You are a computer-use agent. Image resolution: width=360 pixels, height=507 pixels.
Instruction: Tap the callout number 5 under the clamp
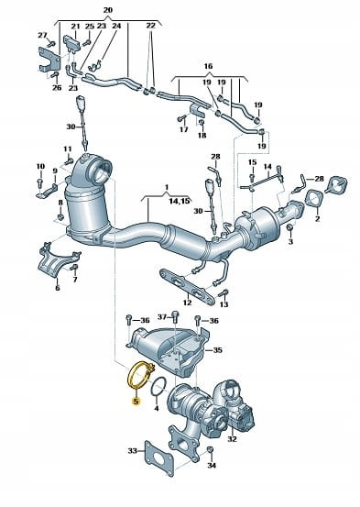coord(136,402)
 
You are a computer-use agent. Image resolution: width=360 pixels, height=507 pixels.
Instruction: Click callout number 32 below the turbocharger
coord(232,439)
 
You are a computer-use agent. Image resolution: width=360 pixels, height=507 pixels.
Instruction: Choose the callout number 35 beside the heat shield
coord(218,350)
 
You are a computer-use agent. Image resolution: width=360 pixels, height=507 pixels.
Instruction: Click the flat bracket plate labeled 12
coord(187,284)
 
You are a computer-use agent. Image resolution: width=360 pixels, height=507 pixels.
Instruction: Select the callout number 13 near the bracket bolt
coord(224,304)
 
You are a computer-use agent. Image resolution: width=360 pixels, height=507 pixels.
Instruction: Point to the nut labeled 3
coord(289,228)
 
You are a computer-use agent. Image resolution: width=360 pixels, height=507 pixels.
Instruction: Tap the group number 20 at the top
coord(107,10)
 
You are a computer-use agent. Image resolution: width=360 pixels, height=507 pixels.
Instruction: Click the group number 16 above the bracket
coord(209,66)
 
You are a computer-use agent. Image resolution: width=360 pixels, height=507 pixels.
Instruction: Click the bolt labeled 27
coord(50,43)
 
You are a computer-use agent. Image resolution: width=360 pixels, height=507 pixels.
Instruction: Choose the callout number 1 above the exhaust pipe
coord(167,188)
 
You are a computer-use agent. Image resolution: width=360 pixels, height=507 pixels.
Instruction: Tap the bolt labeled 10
coord(40,182)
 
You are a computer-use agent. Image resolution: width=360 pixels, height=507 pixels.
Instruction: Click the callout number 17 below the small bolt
coord(183,129)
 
